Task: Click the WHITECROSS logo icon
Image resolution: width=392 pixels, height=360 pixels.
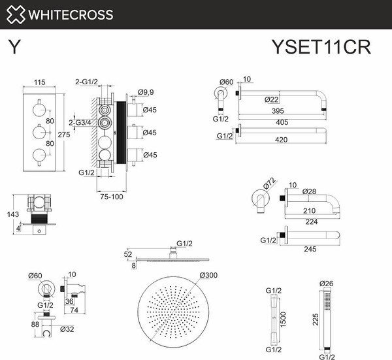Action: click(15, 14)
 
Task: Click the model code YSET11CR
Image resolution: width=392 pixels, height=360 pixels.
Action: click(321, 48)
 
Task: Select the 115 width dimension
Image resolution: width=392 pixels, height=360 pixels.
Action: click(41, 83)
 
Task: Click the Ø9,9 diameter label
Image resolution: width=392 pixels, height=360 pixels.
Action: click(147, 93)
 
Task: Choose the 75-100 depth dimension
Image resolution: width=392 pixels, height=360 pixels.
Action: click(111, 196)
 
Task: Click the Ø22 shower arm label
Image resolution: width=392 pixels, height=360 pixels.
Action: click(272, 99)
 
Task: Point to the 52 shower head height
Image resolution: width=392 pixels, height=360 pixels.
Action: click(127, 254)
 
